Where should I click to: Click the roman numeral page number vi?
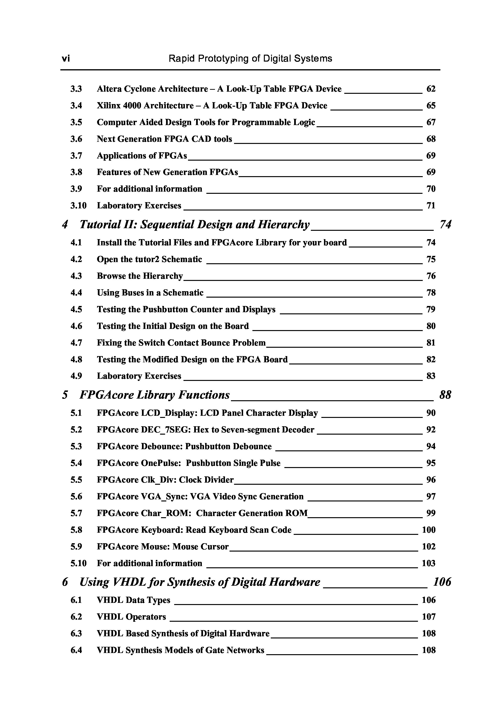pos(65,59)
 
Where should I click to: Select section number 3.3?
pos(76,89)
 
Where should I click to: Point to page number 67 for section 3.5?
pos(431,122)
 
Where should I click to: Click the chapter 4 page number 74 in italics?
pos(445,225)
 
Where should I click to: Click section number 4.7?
pos(76,343)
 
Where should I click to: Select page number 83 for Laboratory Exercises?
pos(431,376)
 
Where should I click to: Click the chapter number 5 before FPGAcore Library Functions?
pos(65,395)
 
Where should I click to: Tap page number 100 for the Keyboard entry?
pos(428,530)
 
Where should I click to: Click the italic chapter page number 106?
pos(442,582)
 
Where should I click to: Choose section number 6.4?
pos(76,650)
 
